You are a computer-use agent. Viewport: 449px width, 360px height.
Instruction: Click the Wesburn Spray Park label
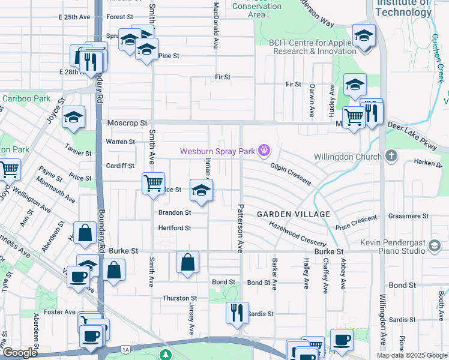tap(218, 151)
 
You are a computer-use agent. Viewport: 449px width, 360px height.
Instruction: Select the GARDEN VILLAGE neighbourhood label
tap(294, 214)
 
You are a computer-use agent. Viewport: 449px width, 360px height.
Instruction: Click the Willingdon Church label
tap(348, 157)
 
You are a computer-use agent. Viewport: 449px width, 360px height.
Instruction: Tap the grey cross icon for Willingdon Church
tap(391, 157)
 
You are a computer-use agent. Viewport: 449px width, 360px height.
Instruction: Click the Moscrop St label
tap(127, 123)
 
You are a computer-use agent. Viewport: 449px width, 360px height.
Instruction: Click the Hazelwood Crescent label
tap(298, 233)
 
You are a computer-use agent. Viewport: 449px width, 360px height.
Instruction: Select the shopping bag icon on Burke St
tap(188, 262)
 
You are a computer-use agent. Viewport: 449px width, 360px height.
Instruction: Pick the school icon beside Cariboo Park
tap(73, 118)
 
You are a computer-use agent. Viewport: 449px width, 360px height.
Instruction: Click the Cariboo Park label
tap(26, 98)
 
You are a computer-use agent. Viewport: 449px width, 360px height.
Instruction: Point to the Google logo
tap(19, 353)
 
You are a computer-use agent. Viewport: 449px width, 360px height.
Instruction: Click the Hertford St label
tap(174, 228)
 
